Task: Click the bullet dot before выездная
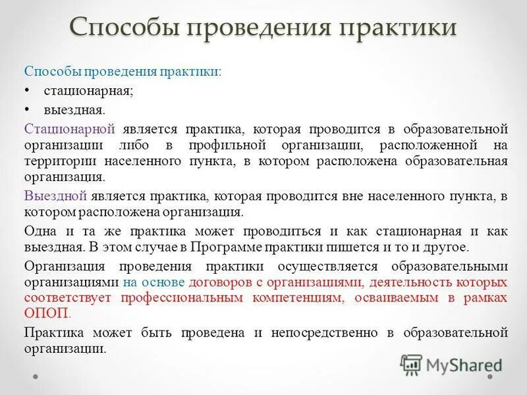[x=27, y=108]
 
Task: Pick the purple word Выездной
[x=56, y=196]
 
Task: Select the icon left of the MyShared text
[x=411, y=365]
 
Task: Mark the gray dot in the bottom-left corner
[x=36, y=378]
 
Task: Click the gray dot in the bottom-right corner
[x=490, y=378]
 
